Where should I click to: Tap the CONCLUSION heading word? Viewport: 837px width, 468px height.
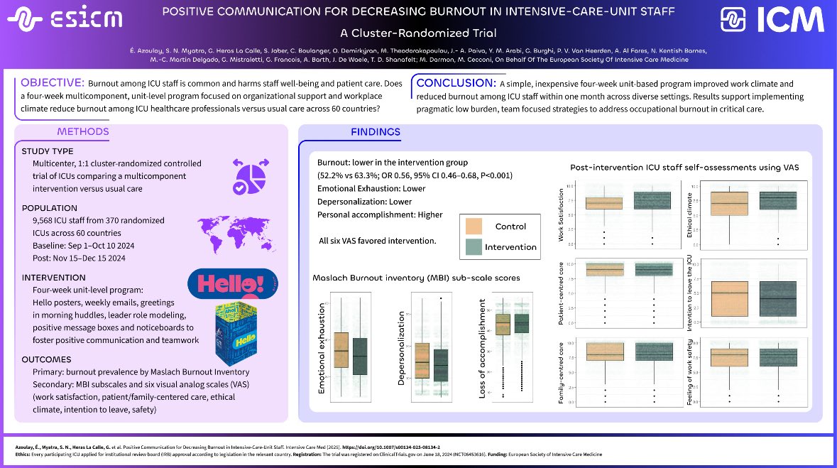pos(454,83)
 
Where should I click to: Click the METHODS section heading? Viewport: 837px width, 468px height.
pos(83,131)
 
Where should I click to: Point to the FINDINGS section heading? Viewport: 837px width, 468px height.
pos(376,132)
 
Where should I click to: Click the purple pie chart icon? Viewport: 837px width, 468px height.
pos(249,174)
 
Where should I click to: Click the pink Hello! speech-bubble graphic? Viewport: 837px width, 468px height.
pos(232,285)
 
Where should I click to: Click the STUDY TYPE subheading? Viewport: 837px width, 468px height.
pos(48,151)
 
